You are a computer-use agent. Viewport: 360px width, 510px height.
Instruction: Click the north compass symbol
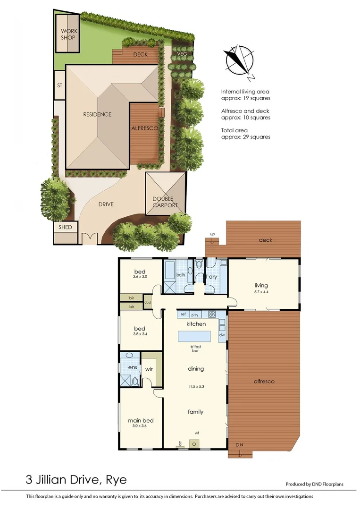click(x=240, y=60)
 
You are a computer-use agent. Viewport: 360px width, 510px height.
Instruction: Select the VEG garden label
click(x=182, y=54)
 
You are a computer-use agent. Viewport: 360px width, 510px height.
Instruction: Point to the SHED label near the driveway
click(x=65, y=227)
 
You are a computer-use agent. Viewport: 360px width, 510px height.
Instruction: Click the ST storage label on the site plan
click(x=59, y=85)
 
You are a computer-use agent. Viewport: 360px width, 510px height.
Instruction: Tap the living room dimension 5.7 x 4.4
click(x=261, y=292)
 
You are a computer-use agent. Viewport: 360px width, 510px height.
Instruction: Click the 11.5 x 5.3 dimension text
click(x=195, y=386)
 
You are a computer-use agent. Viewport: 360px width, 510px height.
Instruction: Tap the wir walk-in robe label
click(x=148, y=370)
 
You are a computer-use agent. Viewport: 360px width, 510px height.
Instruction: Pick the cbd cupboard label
click(x=148, y=302)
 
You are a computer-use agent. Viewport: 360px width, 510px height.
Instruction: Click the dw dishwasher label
click(x=222, y=335)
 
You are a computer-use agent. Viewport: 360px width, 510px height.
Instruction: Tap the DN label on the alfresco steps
click(x=239, y=445)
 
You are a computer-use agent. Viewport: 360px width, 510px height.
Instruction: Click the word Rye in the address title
click(x=115, y=481)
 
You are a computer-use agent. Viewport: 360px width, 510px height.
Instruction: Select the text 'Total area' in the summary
click(x=234, y=130)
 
